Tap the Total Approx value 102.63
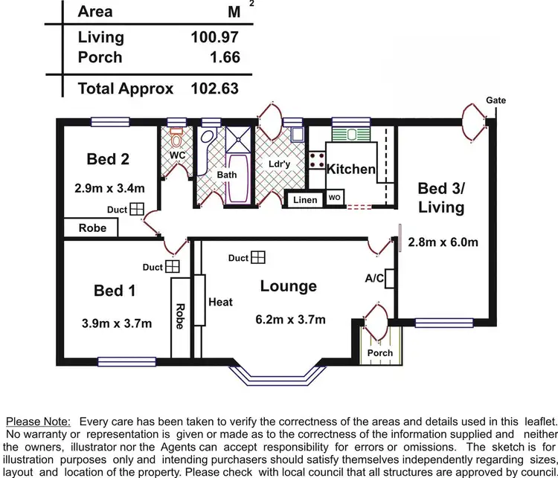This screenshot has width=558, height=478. [214, 88]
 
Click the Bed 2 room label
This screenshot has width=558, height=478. [107, 158]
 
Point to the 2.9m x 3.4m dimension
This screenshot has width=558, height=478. [109, 187]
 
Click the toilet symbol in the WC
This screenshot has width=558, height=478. [176, 139]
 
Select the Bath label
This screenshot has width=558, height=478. [226, 175]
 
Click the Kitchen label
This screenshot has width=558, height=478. [351, 169]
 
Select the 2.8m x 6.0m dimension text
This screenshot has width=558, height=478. [442, 242]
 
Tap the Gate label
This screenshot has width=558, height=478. [496, 100]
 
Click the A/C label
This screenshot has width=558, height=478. [373, 278]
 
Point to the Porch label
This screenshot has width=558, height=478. [380, 352]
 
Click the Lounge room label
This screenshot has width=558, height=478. [288, 286]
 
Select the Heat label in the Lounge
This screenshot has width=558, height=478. [221, 302]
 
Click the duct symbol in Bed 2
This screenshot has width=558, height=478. [137, 210]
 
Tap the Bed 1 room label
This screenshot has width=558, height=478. [115, 291]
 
